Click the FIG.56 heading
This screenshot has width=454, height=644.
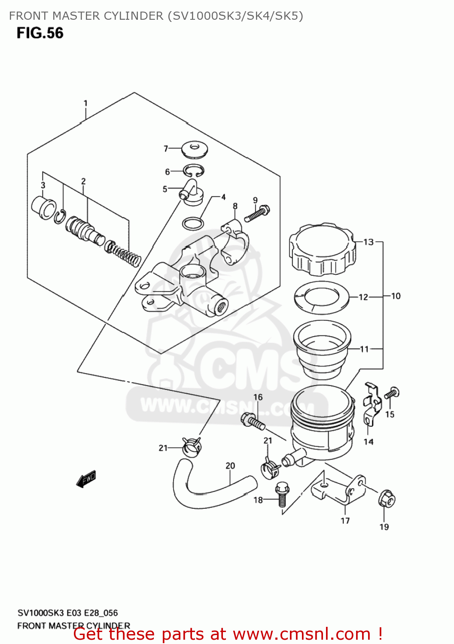[x=40, y=33]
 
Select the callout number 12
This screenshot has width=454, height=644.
[x=363, y=297]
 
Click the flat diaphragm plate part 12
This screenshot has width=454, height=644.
[x=322, y=298]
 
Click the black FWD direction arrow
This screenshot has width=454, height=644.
[x=86, y=479]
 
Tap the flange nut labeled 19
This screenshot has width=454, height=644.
[x=387, y=499]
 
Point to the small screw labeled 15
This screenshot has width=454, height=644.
[x=392, y=393]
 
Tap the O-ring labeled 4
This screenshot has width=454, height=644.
[x=193, y=224]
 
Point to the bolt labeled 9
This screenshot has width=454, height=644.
[x=257, y=214]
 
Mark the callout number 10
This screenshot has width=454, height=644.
[x=396, y=296]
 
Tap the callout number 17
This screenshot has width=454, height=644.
[x=345, y=521]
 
